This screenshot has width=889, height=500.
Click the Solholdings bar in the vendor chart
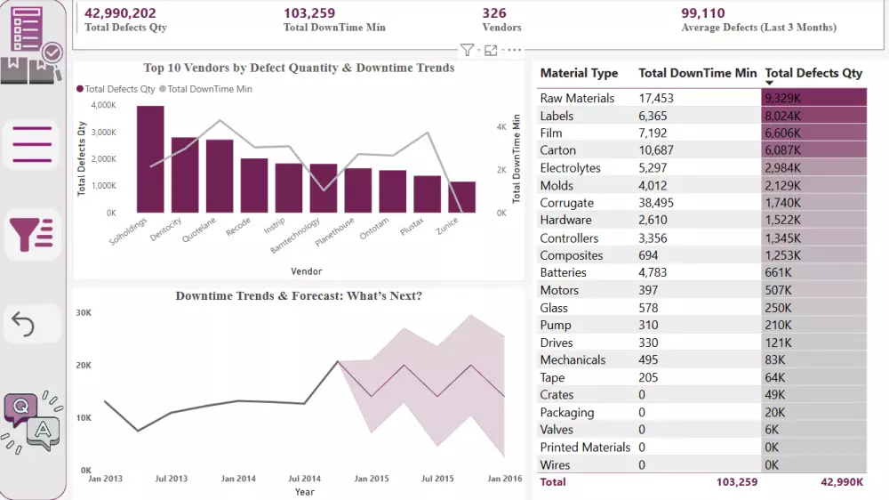150,160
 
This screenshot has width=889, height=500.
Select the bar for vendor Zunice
461,198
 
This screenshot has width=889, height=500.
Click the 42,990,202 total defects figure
120,13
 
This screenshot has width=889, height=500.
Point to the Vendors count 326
494,13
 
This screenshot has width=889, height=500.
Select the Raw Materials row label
577,98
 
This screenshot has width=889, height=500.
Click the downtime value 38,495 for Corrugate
657,203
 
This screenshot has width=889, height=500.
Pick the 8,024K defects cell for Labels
782,116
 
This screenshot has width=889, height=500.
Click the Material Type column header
579,73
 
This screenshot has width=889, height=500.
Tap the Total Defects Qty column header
813,73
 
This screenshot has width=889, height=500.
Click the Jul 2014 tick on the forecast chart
304,479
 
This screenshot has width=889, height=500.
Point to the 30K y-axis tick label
84,313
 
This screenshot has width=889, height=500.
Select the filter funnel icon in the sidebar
32,234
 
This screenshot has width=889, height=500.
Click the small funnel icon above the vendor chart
467,51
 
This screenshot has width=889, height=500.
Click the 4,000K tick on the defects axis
104,105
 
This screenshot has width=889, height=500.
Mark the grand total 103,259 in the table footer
736,482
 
